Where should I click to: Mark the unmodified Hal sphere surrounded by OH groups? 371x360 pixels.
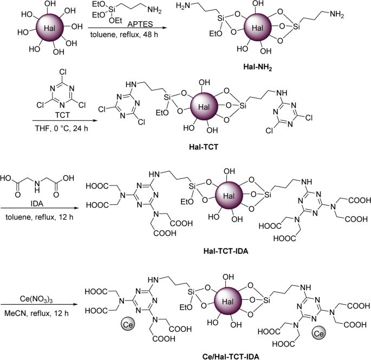tap(49, 27)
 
